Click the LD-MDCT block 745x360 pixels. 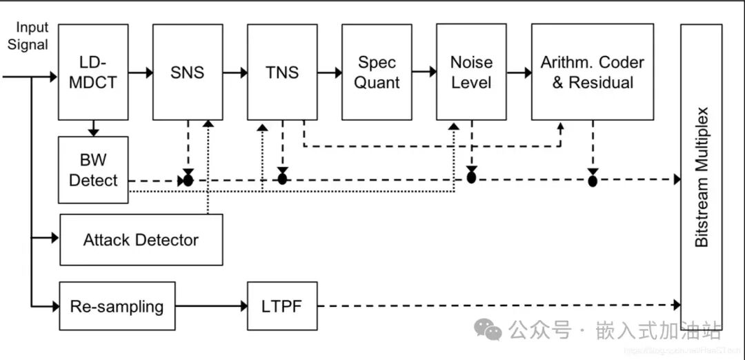point(93,72)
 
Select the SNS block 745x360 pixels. point(188,72)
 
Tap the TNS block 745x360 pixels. point(282,72)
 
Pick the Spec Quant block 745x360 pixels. point(377,72)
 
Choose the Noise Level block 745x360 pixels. point(471,72)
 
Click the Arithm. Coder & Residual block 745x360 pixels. point(592,72)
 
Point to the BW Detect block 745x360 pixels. point(93,170)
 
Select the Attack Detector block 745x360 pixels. point(141,240)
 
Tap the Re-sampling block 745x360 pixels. point(117,306)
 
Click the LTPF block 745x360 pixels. point(282,306)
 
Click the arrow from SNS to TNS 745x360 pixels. point(235,72)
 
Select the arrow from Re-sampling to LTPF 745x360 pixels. point(211,306)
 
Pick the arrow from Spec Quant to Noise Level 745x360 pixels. point(424,72)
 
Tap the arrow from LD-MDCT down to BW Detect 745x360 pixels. point(94,128)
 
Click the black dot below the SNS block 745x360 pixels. point(188,180)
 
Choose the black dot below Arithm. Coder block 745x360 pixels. point(593,181)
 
